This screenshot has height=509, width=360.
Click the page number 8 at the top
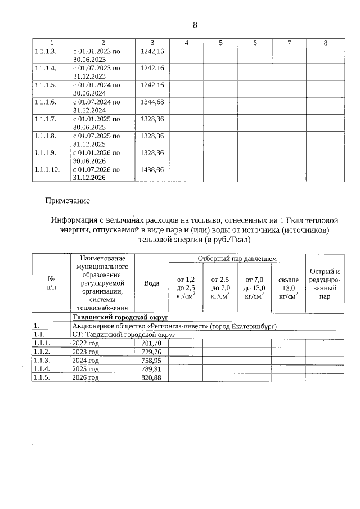(x=195, y=25)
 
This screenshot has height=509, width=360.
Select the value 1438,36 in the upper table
(x=152, y=169)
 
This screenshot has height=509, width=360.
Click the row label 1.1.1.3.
(x=45, y=51)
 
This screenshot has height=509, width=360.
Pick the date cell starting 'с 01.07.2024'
(x=96, y=106)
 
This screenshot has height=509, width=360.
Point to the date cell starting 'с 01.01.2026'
(x=96, y=156)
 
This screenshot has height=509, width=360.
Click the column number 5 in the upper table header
(x=220, y=43)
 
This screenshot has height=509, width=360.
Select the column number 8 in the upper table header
(x=325, y=43)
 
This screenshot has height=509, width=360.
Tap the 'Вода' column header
(x=152, y=283)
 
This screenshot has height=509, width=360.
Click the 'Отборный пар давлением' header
(x=237, y=259)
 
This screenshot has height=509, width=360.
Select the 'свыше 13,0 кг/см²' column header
(x=288, y=287)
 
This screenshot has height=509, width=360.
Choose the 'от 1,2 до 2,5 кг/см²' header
(x=186, y=287)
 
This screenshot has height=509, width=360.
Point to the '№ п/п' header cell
(x=51, y=283)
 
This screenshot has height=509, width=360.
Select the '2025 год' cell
(x=86, y=369)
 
